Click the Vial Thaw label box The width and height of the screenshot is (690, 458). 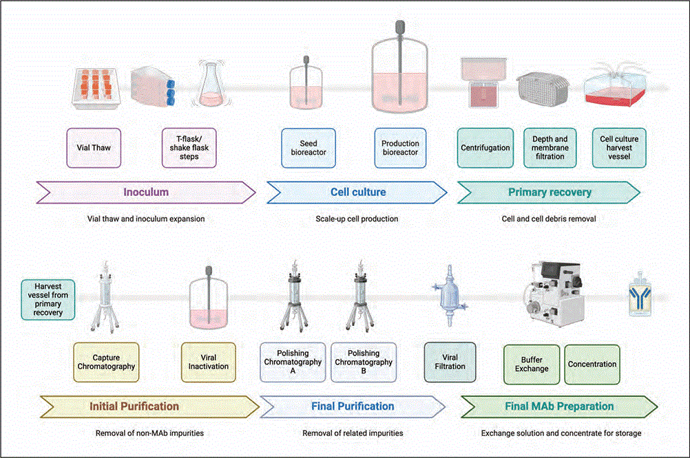coord(94,148)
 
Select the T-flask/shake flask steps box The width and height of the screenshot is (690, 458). coord(189,148)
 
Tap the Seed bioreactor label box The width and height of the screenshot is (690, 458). coord(309,148)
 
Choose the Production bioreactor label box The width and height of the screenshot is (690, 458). coord(400,148)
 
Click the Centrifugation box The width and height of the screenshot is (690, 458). coord(485,148)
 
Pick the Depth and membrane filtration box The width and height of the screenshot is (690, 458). coord(550,148)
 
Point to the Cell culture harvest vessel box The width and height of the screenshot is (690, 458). coord(619,148)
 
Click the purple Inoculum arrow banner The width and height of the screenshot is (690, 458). coord(146,193)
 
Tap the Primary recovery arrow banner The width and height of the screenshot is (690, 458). coord(549,193)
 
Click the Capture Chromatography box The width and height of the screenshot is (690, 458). coord(105,362)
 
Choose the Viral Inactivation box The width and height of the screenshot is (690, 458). coord(208,362)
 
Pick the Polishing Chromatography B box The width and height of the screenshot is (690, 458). coord(363,362)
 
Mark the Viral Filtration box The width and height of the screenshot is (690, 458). coord(450,362)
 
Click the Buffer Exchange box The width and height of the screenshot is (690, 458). coord(532,364)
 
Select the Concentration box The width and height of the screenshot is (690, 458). coord(592,364)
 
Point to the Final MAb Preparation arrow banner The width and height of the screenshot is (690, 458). coord(558,406)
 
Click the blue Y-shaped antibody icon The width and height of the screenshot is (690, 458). coord(640,296)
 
